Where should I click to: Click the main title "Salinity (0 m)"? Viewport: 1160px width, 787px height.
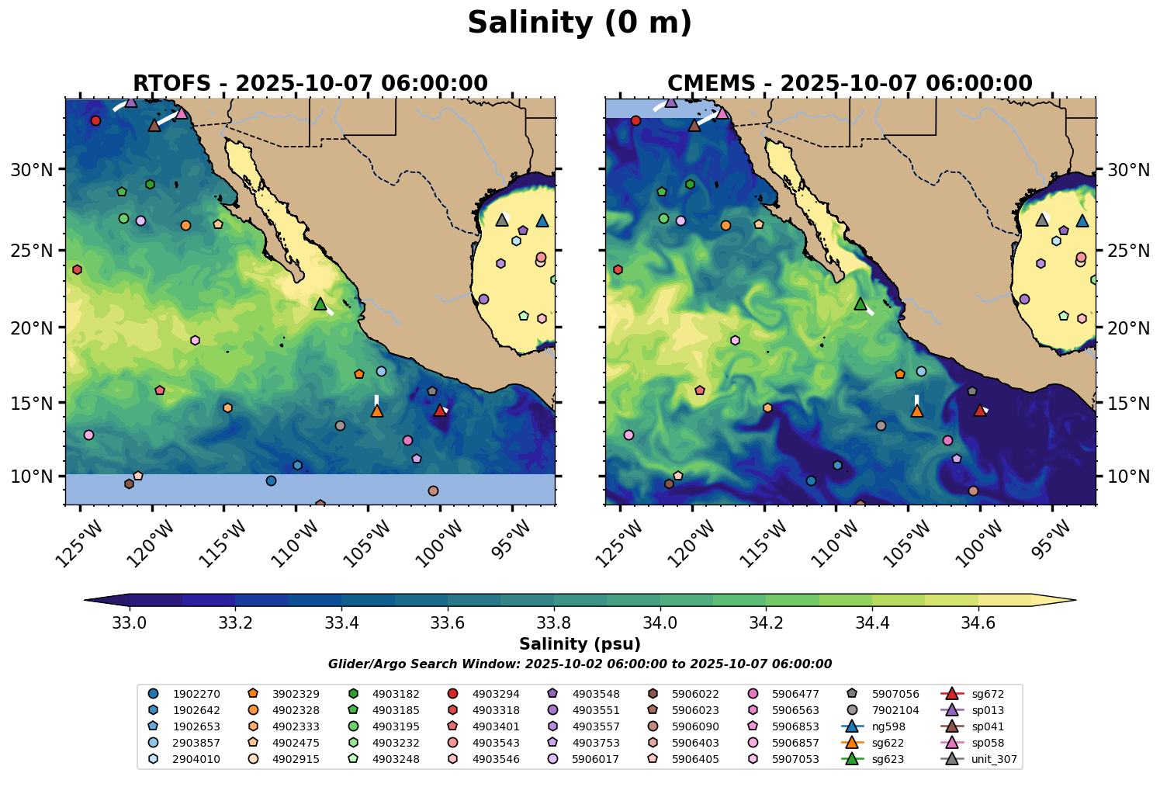pyautogui.click(x=580, y=23)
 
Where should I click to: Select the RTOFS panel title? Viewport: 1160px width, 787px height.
pyautogui.click(x=310, y=83)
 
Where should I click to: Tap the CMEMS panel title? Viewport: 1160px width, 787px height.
pyautogui.click(x=850, y=83)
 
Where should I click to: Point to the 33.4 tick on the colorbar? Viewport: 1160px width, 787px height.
pyautogui.click(x=341, y=622)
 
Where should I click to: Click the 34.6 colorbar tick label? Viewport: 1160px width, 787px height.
pyautogui.click(x=978, y=622)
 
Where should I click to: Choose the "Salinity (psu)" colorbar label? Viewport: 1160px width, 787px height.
pyautogui.click(x=580, y=644)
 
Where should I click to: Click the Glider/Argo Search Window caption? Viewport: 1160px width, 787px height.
pyautogui.click(x=580, y=664)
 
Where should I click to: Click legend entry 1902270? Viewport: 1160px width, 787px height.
pyautogui.click(x=186, y=694)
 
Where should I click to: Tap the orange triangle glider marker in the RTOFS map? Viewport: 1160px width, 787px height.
pyautogui.click(x=377, y=411)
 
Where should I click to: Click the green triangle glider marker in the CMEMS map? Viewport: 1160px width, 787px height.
pyautogui.click(x=860, y=303)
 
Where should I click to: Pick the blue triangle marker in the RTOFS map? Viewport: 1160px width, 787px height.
pyautogui.click(x=542, y=220)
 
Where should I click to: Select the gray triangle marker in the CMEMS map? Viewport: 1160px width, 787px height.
pyautogui.click(x=1042, y=220)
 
